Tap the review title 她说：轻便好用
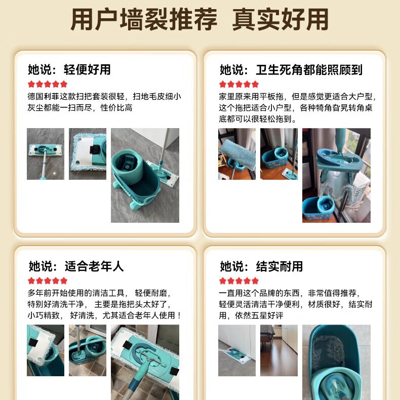coord(69,69)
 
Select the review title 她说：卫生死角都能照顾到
coord(291,70)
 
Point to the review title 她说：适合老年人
coord(76,266)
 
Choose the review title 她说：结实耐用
coord(261,266)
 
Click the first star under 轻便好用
coord(31,84)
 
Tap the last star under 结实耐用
coord(255,281)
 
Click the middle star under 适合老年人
coord(48,281)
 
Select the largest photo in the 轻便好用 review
coord(145,175)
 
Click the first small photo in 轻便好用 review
coord(46,154)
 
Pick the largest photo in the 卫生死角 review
coord(336,175)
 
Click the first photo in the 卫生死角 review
coord(237,154)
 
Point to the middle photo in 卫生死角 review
coord(279,154)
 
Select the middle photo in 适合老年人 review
coord(88,350)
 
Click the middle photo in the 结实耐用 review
coord(279,350)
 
